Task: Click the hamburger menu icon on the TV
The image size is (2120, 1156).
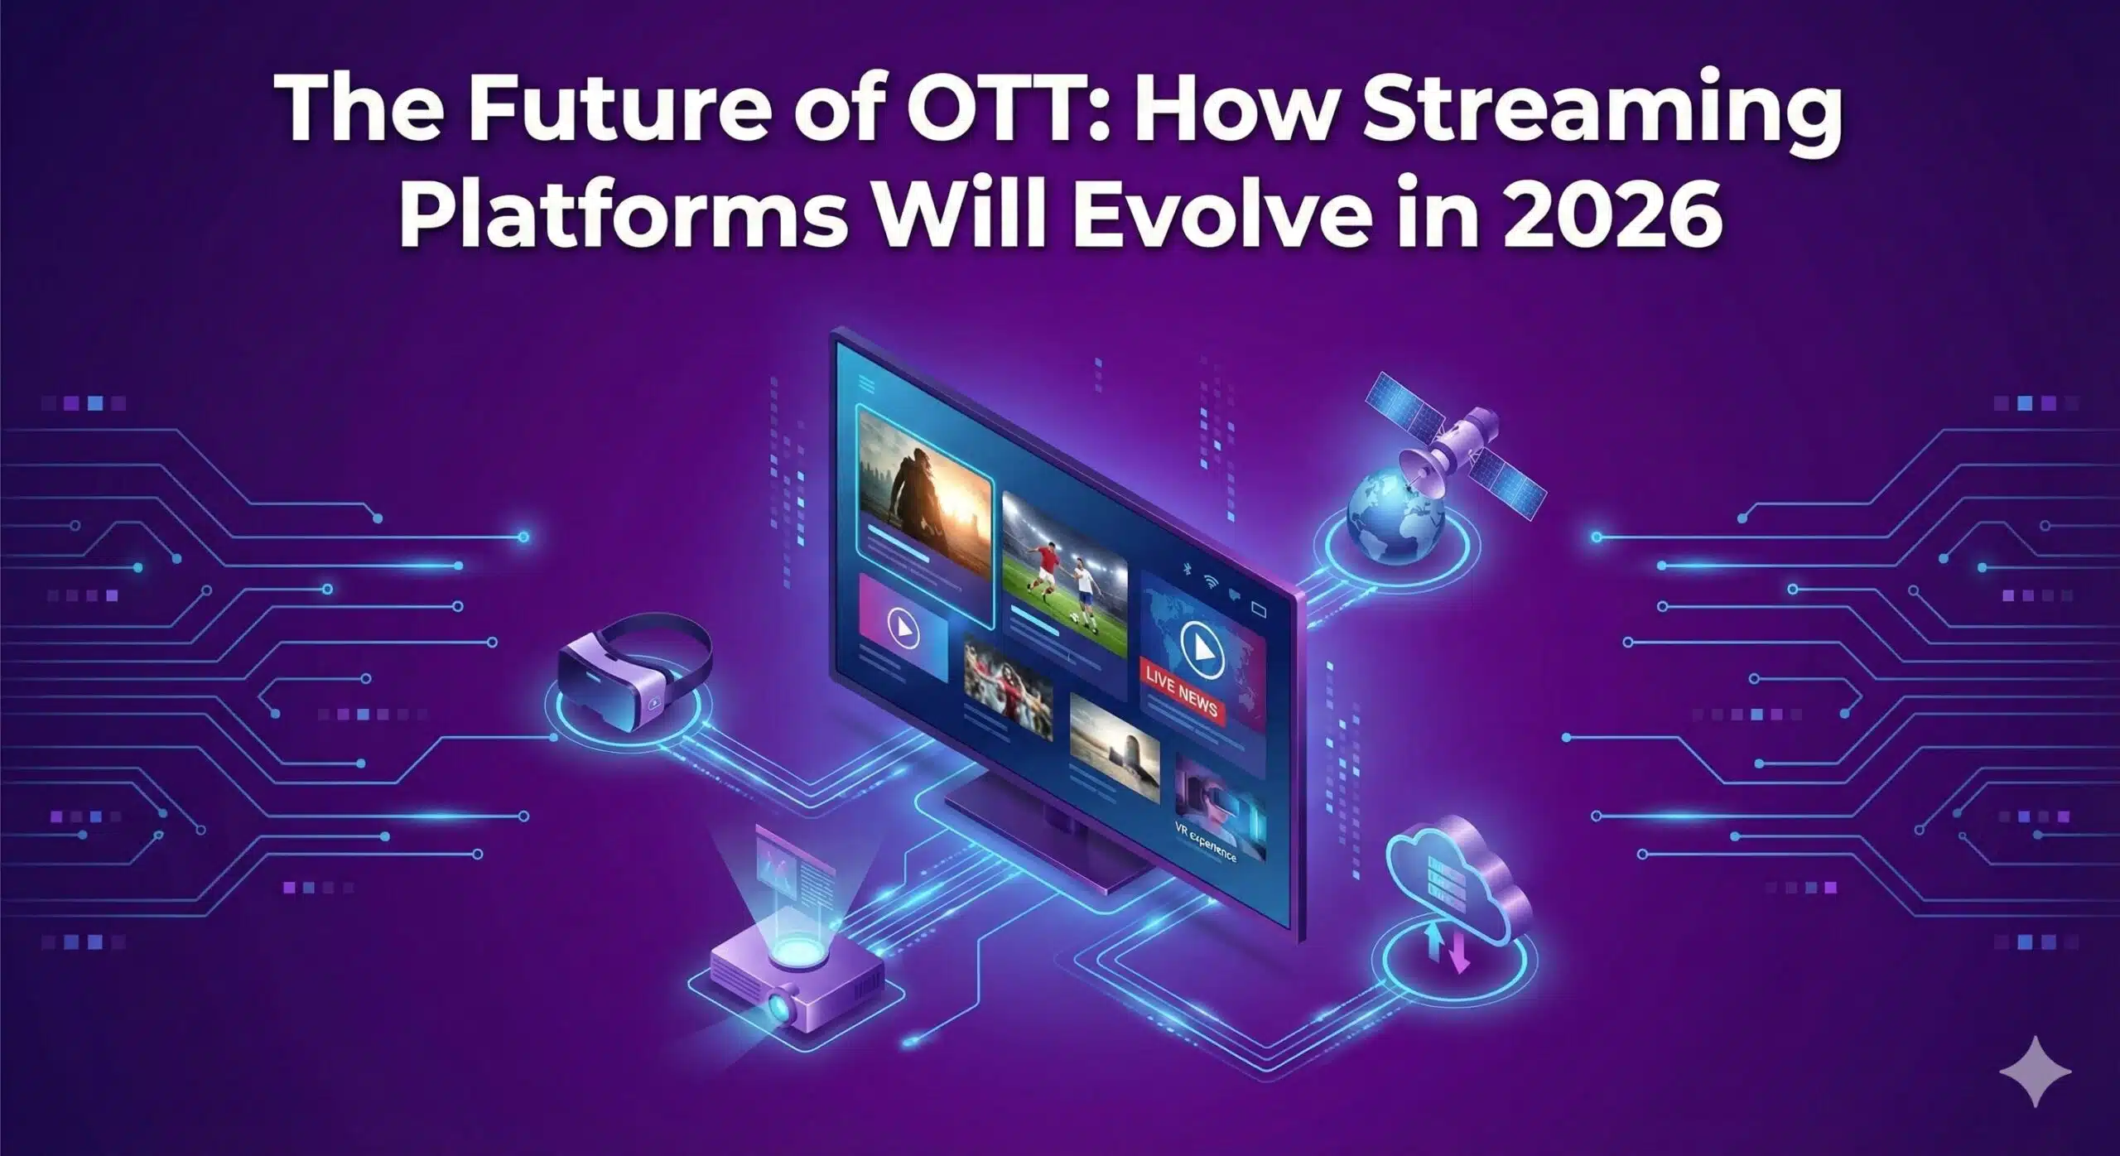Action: [x=867, y=383]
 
